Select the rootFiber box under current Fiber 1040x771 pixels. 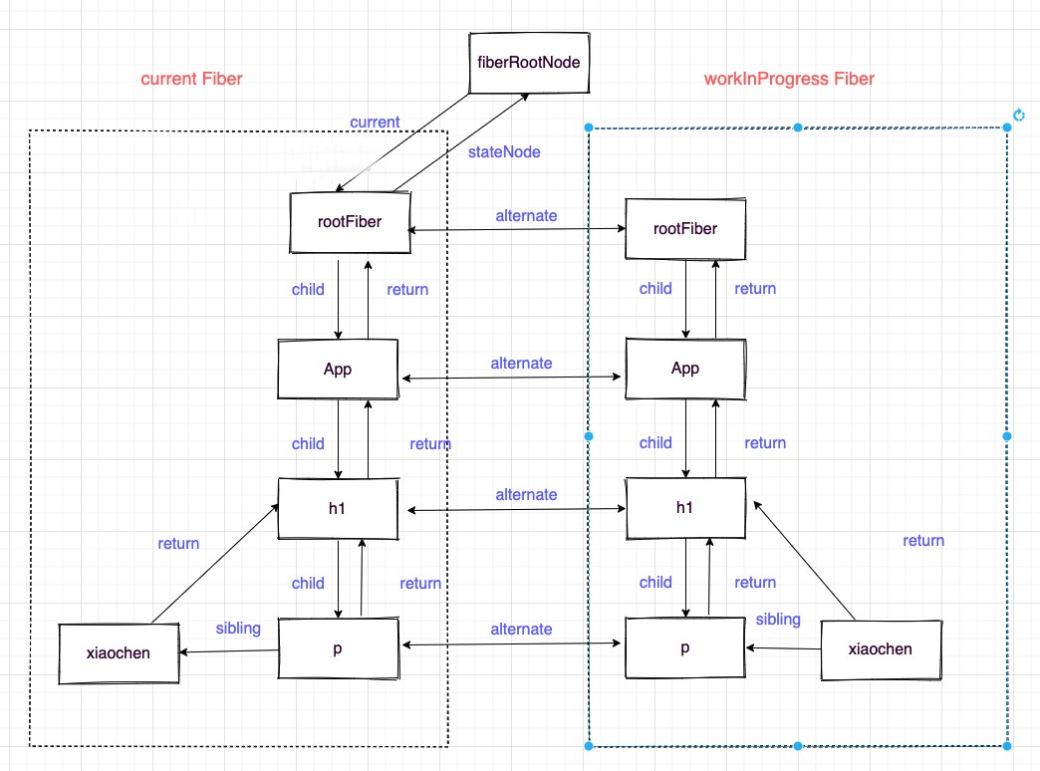click(350, 226)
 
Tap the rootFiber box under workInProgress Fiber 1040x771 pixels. click(685, 229)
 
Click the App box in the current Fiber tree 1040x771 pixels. click(339, 369)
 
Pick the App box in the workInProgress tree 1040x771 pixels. click(685, 369)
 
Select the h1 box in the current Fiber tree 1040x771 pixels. click(339, 508)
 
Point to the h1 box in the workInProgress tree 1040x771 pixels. click(685, 508)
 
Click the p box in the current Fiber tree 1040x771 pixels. click(339, 647)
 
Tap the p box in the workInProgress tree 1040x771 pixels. click(685, 648)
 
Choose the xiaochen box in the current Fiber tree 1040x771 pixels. click(119, 653)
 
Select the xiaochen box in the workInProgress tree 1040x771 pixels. click(880, 649)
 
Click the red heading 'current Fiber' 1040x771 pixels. click(191, 79)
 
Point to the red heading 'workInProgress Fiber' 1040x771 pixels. click(788, 79)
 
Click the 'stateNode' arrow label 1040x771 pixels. click(504, 152)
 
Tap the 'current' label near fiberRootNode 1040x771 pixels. click(375, 122)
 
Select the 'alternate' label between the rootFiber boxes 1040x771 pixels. click(526, 215)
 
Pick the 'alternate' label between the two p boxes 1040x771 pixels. click(521, 629)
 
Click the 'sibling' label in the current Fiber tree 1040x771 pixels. click(238, 628)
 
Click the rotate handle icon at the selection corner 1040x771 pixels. click(1018, 116)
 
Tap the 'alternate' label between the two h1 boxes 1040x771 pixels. click(526, 494)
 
